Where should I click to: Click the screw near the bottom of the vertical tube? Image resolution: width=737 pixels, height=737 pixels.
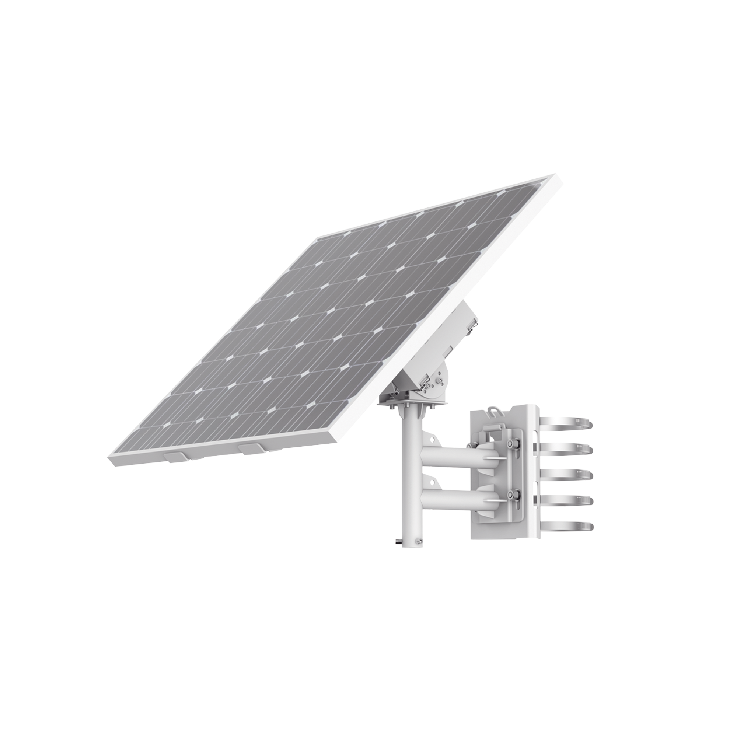point(419,541)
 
